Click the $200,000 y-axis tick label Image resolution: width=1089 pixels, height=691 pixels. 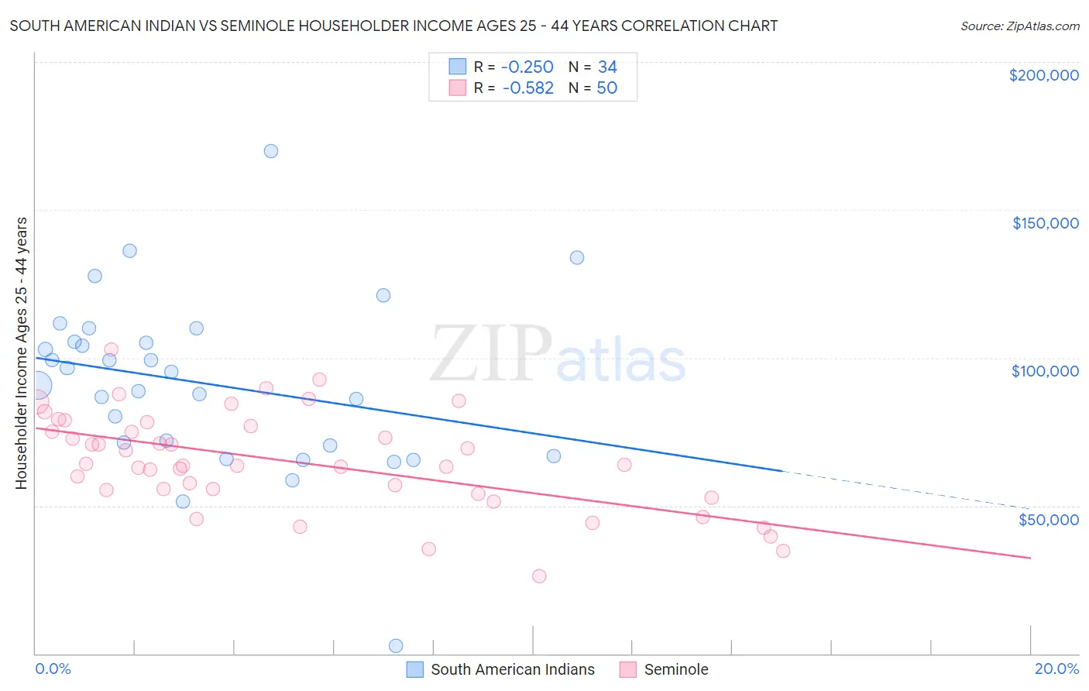pos(1043,75)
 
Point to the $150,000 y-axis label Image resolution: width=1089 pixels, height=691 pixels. pos(1045,223)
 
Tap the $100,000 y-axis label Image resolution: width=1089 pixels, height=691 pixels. pos(1045,371)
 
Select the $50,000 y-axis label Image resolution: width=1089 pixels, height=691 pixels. pos(1048,519)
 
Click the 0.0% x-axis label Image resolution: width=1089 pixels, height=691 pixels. pos(53,669)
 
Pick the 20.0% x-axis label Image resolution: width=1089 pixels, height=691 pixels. pos(1056,669)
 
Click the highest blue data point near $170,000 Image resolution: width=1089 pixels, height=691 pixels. pos(271,151)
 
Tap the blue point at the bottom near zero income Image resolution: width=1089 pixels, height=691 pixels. pos(396,646)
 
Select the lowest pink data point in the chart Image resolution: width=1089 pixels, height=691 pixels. pos(539,576)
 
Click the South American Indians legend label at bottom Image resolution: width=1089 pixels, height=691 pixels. pos(512,669)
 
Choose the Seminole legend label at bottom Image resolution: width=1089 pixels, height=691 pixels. pos(675,669)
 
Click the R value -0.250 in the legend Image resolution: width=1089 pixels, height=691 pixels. pos(527,67)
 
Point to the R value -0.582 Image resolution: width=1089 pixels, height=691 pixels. pos(527,88)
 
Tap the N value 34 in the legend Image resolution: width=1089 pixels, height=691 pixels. pos(607,67)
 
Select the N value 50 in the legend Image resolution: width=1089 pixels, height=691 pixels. pos(607,88)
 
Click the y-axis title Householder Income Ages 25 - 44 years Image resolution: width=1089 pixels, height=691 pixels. pos(22,353)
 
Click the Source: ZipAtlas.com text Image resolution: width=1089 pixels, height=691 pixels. pos(1019,26)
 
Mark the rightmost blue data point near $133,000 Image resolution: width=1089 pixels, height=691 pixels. pos(577,258)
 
